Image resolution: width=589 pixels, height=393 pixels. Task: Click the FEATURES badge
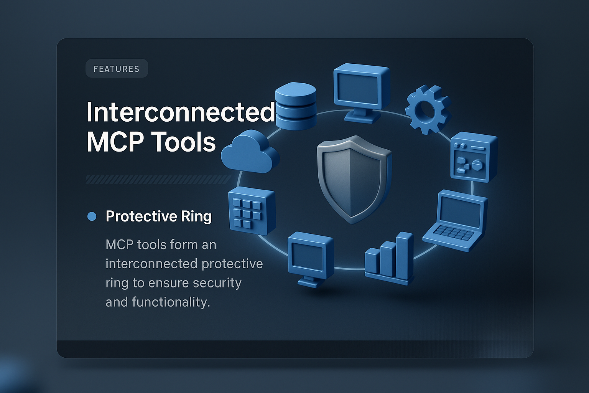tap(117, 69)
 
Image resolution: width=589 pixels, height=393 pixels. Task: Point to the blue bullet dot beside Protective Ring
tap(92, 216)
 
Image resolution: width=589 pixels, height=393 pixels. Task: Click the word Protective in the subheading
tap(141, 216)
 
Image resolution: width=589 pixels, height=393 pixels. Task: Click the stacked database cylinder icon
tap(296, 106)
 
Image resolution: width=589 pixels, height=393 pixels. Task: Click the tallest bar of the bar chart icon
tap(405, 254)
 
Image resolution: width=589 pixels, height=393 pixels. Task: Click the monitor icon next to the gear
tap(361, 92)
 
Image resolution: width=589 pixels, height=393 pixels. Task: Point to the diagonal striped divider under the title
tap(158, 179)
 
